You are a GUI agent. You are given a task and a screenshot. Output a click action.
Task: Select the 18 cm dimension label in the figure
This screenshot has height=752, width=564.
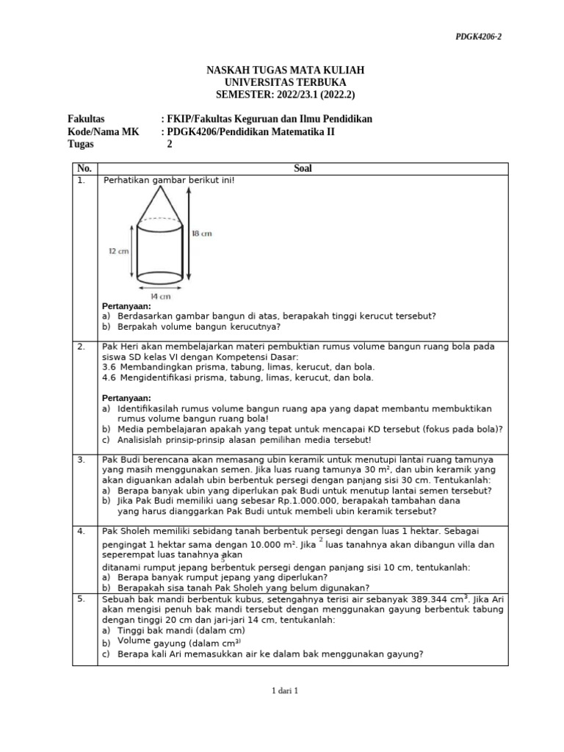[202, 234]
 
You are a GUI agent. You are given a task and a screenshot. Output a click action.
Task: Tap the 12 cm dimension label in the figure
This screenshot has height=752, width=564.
[118, 251]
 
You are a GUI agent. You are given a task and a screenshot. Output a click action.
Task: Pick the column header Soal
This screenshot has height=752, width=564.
[303, 169]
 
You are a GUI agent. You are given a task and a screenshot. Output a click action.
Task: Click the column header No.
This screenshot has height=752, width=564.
[84, 169]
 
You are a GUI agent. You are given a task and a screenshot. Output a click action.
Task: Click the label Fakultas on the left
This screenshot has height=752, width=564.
[86, 119]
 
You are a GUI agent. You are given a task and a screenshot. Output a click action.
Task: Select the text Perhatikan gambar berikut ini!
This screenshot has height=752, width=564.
[169, 180]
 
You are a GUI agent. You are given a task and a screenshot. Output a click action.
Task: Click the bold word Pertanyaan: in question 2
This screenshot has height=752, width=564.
[126, 398]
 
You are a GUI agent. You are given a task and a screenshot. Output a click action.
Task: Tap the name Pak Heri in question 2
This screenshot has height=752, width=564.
[119, 346]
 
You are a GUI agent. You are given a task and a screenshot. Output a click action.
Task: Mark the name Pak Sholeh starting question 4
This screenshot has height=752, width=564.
[125, 530]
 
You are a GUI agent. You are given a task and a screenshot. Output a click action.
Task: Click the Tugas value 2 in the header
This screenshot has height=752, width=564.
[170, 144]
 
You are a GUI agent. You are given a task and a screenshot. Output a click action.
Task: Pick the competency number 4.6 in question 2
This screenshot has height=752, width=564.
[109, 377]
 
